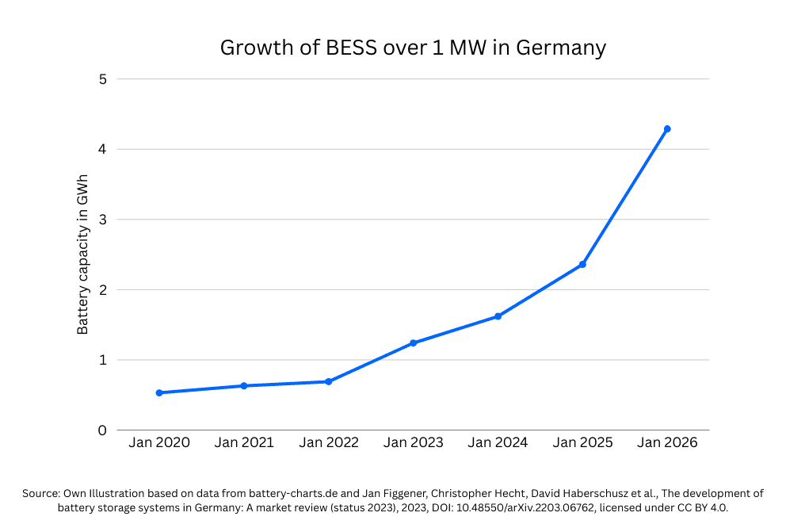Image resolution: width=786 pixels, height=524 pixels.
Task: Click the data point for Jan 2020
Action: (159, 392)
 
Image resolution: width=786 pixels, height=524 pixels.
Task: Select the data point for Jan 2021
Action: (244, 386)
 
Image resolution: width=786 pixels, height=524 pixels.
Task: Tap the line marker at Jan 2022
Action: (328, 381)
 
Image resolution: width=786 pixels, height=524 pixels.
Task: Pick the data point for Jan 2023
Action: (413, 343)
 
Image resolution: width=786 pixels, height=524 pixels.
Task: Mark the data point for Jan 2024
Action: (498, 316)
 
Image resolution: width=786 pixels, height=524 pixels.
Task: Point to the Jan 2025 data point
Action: (582, 264)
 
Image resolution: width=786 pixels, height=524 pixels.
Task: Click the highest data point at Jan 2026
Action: (667, 128)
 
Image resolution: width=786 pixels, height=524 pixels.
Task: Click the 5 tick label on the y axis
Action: (102, 79)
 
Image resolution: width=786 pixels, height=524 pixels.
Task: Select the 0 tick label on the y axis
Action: (102, 430)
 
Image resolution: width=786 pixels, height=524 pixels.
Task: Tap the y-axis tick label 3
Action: (102, 220)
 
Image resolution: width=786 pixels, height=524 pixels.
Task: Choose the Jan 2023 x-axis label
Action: (413, 443)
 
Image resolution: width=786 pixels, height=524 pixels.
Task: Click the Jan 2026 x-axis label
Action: (667, 443)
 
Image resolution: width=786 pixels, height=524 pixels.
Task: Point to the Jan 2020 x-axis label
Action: (159, 443)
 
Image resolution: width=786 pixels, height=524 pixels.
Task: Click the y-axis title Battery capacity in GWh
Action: (82, 255)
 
